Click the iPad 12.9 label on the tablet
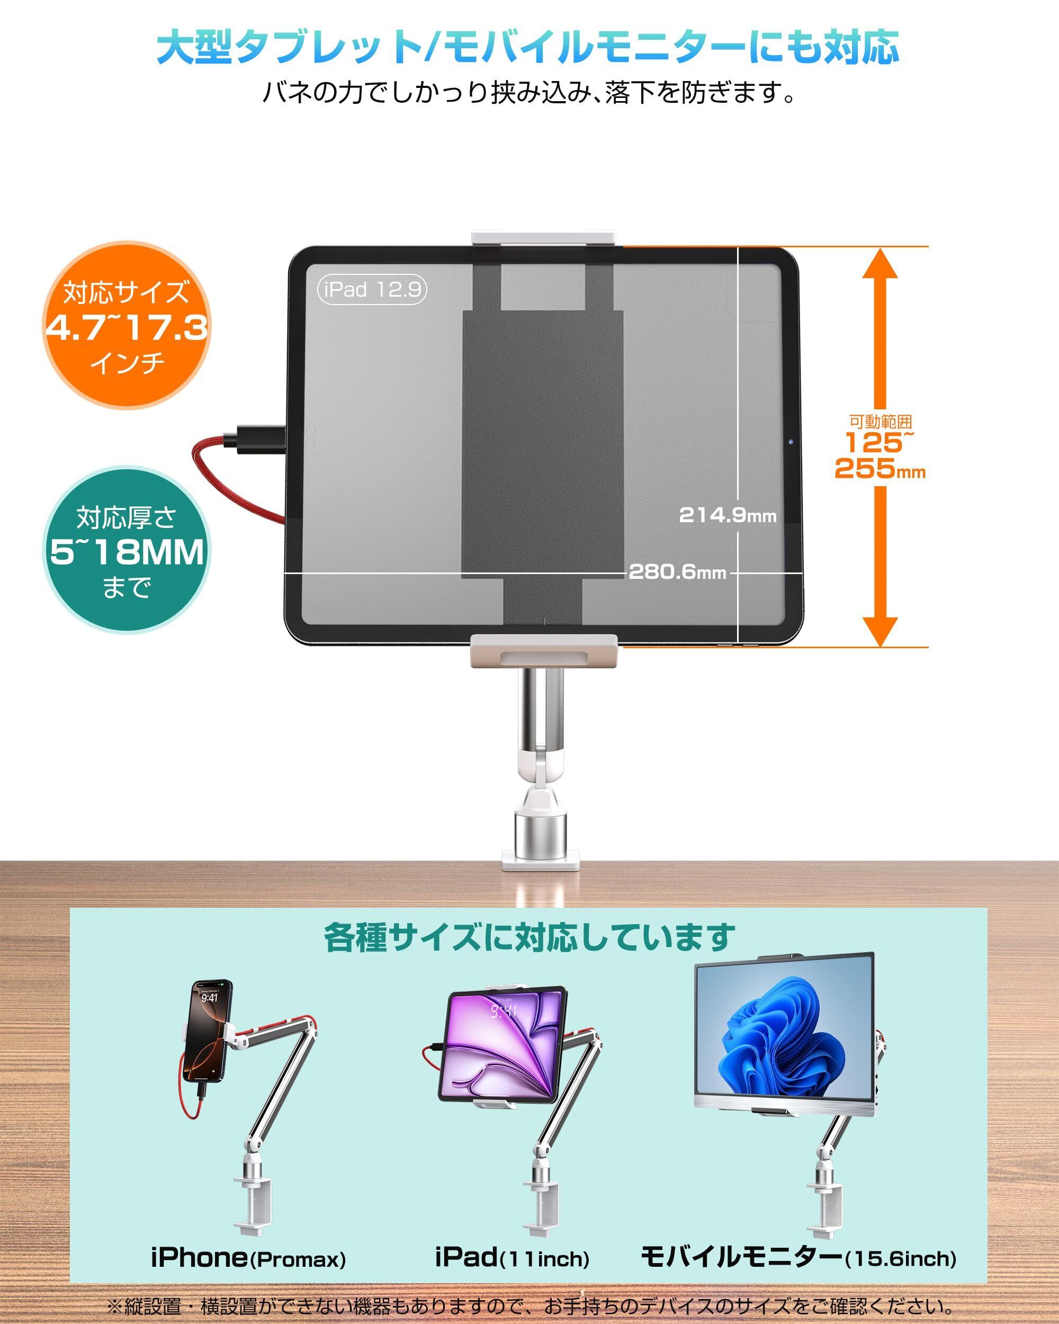pos(371,289)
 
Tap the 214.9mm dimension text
pos(728,515)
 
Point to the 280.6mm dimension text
pos(677,572)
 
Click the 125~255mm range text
pos(879,454)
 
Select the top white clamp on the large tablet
pos(543,239)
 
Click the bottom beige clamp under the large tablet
pos(543,651)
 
